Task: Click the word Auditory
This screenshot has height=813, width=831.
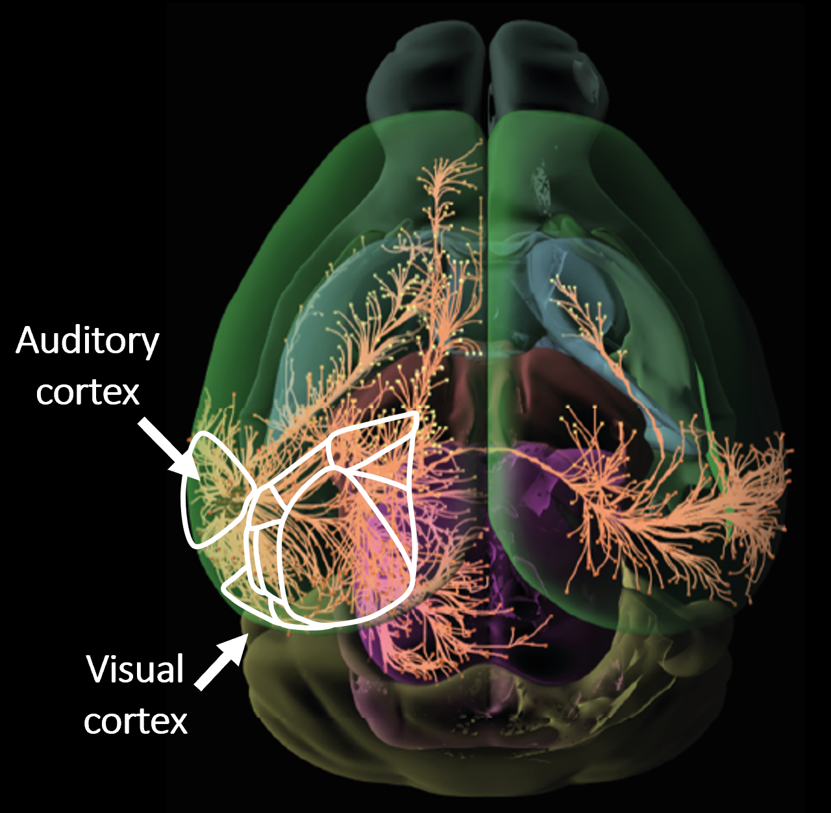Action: (x=87, y=341)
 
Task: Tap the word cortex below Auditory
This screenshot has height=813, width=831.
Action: (x=88, y=392)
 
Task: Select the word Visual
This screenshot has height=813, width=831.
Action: (x=135, y=669)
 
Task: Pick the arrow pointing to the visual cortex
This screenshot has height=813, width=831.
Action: (x=220, y=662)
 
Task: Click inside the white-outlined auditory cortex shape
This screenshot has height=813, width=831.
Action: (x=211, y=487)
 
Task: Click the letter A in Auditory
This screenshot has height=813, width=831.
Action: (x=28, y=340)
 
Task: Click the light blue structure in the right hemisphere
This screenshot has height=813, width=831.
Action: (x=571, y=273)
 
